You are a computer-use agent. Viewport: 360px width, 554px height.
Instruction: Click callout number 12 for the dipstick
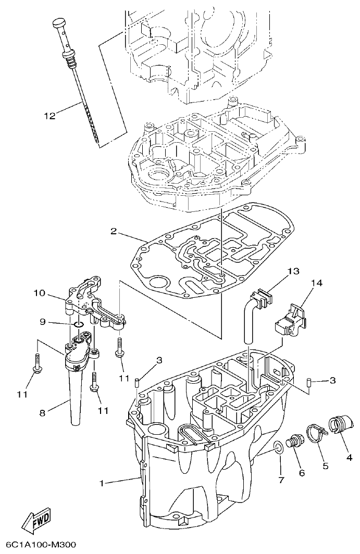49,116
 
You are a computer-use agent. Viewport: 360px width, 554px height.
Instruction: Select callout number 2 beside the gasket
113,231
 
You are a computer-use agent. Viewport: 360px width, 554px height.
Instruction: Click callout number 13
293,271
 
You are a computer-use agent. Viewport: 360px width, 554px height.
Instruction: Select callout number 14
317,283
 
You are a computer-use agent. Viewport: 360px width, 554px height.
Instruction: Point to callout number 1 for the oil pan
103,483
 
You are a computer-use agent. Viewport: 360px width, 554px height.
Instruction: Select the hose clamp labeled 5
316,432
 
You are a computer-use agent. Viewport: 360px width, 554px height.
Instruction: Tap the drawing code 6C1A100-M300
38,545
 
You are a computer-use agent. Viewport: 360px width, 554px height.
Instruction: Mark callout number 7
281,480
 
